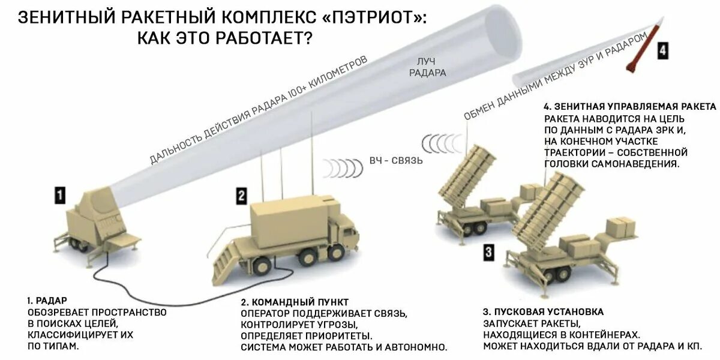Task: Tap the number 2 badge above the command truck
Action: click(x=241, y=195)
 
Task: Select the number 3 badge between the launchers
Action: click(x=489, y=252)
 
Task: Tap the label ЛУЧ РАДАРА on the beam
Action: click(x=427, y=67)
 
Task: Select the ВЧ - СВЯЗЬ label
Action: click(x=396, y=161)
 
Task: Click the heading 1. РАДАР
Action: click(x=47, y=300)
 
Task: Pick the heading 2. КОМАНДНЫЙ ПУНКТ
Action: click(x=295, y=301)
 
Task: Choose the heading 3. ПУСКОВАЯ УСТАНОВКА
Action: click(x=543, y=312)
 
